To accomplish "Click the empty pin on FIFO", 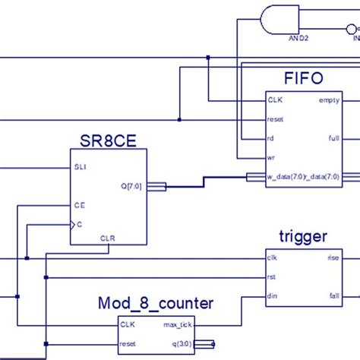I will [329, 100].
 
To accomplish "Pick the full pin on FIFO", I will [333, 138].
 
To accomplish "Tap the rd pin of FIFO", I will [271, 138].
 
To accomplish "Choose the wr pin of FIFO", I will [271, 158].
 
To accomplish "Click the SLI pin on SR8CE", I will [80, 167].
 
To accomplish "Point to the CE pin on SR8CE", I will [79, 205].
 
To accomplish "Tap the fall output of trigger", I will [333, 296].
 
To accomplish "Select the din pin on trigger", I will [272, 296].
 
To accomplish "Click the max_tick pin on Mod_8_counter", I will [178, 325].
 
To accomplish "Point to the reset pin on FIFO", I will [275, 119].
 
